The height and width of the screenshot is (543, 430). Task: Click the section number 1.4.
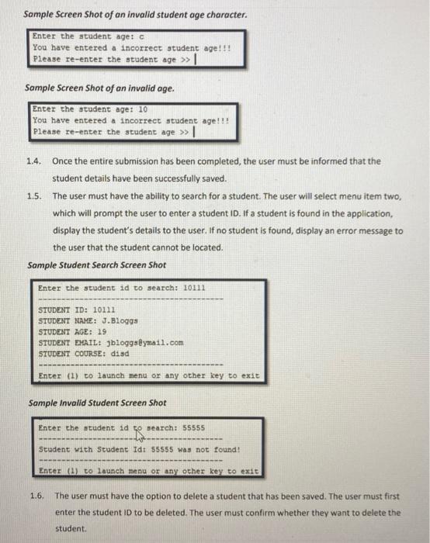coord(33,161)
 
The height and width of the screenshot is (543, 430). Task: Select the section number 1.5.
coord(33,196)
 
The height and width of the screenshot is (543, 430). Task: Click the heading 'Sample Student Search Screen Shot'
coord(96,265)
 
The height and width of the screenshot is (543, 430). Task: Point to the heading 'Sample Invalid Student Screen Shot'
coord(96,403)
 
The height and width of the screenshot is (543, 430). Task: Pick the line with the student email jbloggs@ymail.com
coord(110,341)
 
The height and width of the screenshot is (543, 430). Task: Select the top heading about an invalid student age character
coord(135,15)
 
